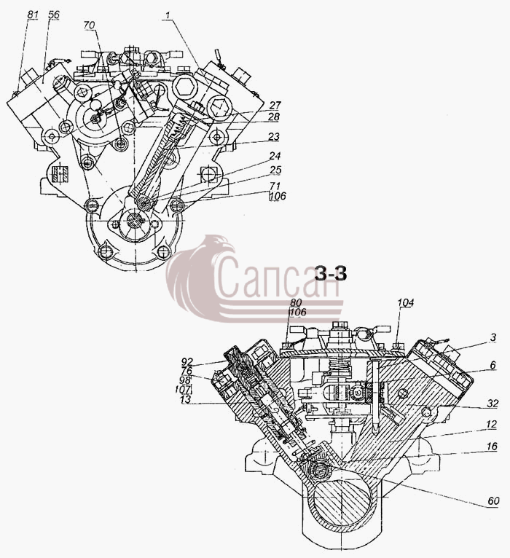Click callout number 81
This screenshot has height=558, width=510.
coord(32,15)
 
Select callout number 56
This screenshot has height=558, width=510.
coord(55,15)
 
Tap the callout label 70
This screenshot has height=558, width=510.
coord(90,25)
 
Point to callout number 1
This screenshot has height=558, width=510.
coord(167,15)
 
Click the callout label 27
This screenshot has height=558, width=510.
coord(275,105)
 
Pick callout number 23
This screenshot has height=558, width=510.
coord(274,136)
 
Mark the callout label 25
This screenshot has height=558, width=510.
coord(275,170)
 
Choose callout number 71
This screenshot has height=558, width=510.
coord(275,186)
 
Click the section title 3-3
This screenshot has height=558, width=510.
coord(331,274)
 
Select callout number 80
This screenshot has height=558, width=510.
coord(296,303)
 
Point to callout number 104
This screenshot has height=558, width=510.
coord(406,303)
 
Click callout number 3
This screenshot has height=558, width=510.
coord(493,337)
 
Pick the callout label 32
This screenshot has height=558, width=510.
coord(493,404)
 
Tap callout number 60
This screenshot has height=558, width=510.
coord(494,501)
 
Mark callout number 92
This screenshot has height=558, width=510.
coord(187,362)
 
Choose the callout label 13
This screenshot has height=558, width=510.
coord(186,399)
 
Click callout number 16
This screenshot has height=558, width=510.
coord(492,447)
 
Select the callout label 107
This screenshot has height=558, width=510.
coord(184,390)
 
